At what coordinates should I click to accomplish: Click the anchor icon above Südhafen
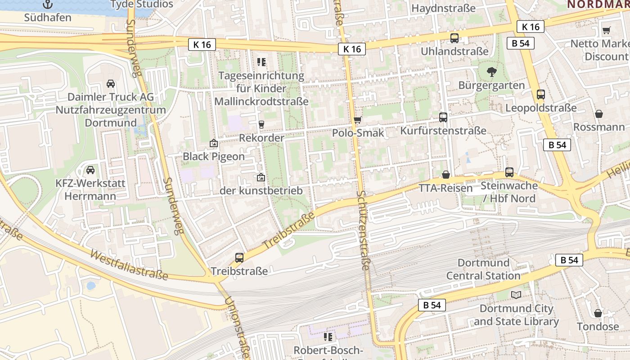[x=48, y=4]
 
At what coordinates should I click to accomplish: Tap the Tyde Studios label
[x=142, y=4]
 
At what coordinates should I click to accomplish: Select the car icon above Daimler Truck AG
[x=110, y=84]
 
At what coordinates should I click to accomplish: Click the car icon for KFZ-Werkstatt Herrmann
[x=90, y=170]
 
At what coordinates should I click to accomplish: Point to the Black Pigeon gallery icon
[x=214, y=144]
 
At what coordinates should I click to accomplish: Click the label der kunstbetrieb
[x=261, y=191]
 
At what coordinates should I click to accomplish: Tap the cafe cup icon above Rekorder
[x=261, y=125]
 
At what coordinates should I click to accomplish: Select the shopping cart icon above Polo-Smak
[x=358, y=120]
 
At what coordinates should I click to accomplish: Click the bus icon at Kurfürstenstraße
[x=443, y=117]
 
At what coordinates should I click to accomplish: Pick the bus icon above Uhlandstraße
[x=454, y=38]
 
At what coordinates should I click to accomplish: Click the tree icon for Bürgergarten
[x=491, y=72]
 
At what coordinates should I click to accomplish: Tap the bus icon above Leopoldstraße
[x=541, y=94]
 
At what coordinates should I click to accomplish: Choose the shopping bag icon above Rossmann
[x=599, y=114]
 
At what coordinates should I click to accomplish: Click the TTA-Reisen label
[x=446, y=188]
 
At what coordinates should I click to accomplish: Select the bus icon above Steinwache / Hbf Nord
[x=509, y=172]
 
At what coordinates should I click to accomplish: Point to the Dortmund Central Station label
[x=483, y=269]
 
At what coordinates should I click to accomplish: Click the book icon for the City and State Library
[x=516, y=295]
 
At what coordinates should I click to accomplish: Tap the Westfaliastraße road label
[x=129, y=265]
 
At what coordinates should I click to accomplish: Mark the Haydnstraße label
[x=443, y=9]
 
